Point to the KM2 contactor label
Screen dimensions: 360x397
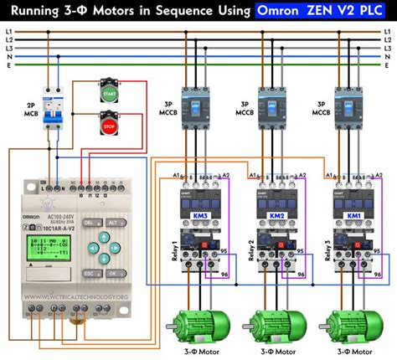pos(276,216)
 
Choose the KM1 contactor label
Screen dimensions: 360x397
pos(355,216)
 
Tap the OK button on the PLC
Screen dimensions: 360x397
pos(111,273)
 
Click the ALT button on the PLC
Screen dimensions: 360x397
pos(111,224)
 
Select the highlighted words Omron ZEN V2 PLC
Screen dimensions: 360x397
pos(321,12)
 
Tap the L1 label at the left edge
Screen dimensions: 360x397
pos(8,31)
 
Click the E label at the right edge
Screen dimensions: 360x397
pos(389,64)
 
